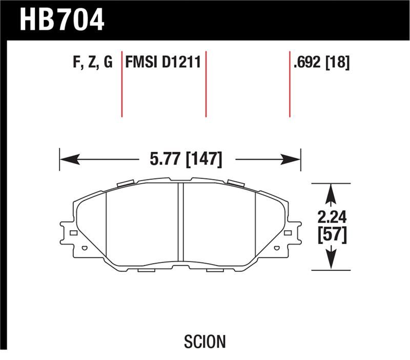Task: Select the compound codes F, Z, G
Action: point(93,63)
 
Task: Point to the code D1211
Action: point(180,63)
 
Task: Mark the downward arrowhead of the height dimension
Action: point(331,261)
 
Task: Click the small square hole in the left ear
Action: point(73,233)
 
